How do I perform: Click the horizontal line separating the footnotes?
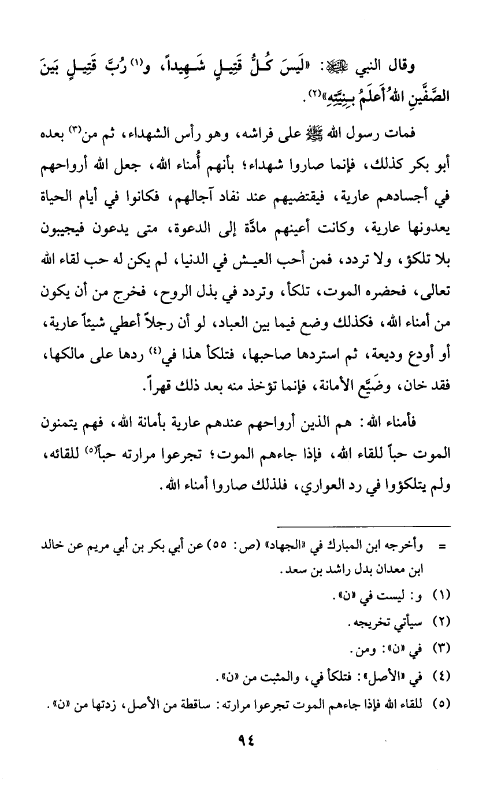click(365, 526)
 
